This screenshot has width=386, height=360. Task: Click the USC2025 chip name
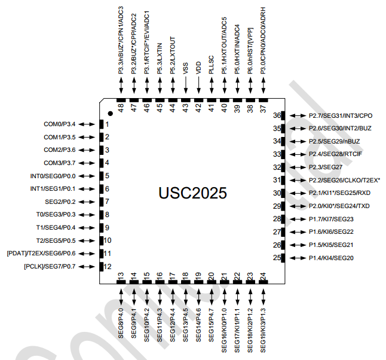pyautogui.click(x=192, y=194)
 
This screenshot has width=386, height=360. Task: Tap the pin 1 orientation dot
pyautogui.click(x=110, y=113)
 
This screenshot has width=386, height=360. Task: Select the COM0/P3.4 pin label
pyautogui.click(x=60, y=124)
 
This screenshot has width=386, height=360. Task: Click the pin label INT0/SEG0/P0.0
pyautogui.click(x=53, y=176)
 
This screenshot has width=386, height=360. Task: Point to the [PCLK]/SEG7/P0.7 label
pyautogui.click(x=50, y=266)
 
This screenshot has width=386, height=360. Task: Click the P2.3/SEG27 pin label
pyautogui.click(x=326, y=167)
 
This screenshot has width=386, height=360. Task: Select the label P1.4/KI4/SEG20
pyautogui.click(x=332, y=258)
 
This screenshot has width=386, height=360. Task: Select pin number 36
pyautogui.click(x=277, y=115)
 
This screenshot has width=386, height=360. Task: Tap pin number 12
pyautogui.click(x=107, y=267)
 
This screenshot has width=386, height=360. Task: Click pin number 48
pyautogui.click(x=121, y=108)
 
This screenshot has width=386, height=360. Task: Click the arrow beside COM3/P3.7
pyautogui.click(x=87, y=163)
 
